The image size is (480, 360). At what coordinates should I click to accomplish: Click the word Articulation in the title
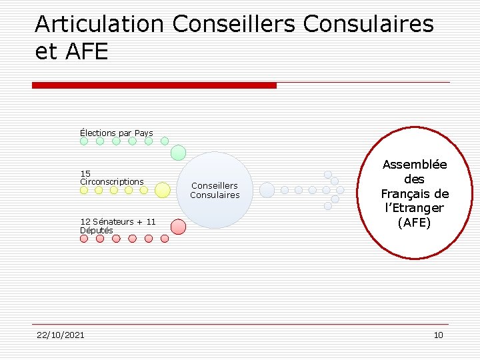99,24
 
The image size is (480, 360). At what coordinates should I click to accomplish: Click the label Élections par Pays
116,133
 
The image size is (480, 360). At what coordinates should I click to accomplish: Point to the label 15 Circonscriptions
111,177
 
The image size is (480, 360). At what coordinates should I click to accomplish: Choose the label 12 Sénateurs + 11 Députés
117,225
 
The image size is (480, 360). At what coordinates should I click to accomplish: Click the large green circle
178,153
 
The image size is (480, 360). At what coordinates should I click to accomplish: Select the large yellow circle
162,190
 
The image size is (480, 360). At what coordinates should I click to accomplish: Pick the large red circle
178,227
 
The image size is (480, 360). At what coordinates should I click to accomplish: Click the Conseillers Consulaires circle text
215,190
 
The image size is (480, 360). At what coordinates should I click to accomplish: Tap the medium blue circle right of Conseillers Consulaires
267,190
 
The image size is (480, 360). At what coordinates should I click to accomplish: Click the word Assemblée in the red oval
414,165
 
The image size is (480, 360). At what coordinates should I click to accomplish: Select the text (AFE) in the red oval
414,223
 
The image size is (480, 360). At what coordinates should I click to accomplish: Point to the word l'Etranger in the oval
414,208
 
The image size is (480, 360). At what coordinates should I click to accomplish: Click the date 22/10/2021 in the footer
61,335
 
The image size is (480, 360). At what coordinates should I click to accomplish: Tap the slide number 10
438,335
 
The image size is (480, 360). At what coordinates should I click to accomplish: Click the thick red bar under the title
154,85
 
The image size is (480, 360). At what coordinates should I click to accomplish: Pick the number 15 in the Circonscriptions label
85,173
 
